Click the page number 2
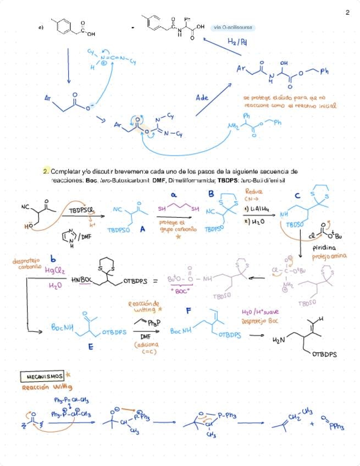347,12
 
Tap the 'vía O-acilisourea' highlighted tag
234,27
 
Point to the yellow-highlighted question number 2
46,172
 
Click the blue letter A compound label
142,231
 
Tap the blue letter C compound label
297,196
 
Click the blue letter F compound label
189,310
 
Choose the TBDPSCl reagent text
82,210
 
